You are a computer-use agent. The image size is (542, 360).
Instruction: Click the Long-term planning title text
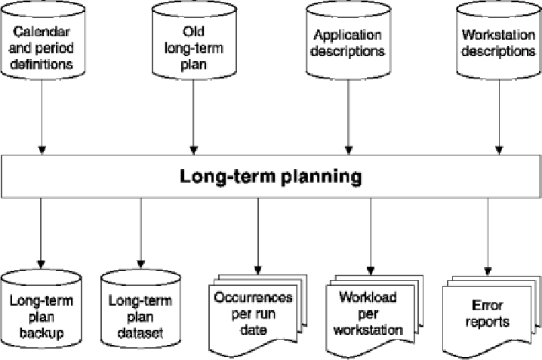[x=270, y=177]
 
